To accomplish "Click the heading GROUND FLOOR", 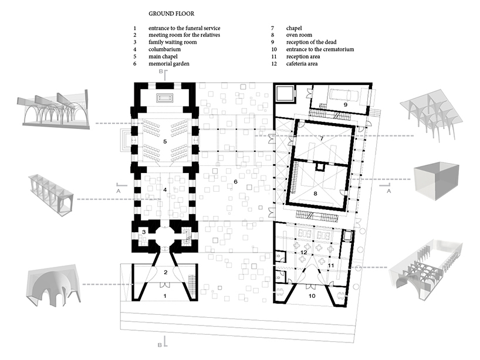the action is coord(171,13).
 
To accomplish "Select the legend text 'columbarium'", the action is coord(164,49).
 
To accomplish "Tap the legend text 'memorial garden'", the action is coord(168,64).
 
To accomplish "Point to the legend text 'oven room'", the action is coord(299,35).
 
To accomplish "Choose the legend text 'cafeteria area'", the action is coord(302,64).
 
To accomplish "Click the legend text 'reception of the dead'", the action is coord(312,42).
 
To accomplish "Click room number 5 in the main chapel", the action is coord(165,142).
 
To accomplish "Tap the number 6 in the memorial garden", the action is coord(235,182).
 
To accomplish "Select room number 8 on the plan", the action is coord(315,193).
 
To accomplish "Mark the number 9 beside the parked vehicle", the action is coord(345,104).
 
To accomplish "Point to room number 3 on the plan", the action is coord(144,232).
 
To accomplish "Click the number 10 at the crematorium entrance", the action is coord(312,296).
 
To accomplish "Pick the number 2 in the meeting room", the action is coord(165,272).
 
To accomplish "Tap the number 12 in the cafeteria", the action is coord(304,252).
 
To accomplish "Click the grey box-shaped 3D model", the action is coord(436,182).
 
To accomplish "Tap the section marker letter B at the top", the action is coord(161,72).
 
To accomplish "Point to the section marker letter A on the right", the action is coord(389,191).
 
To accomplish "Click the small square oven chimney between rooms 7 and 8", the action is coord(320,167).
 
